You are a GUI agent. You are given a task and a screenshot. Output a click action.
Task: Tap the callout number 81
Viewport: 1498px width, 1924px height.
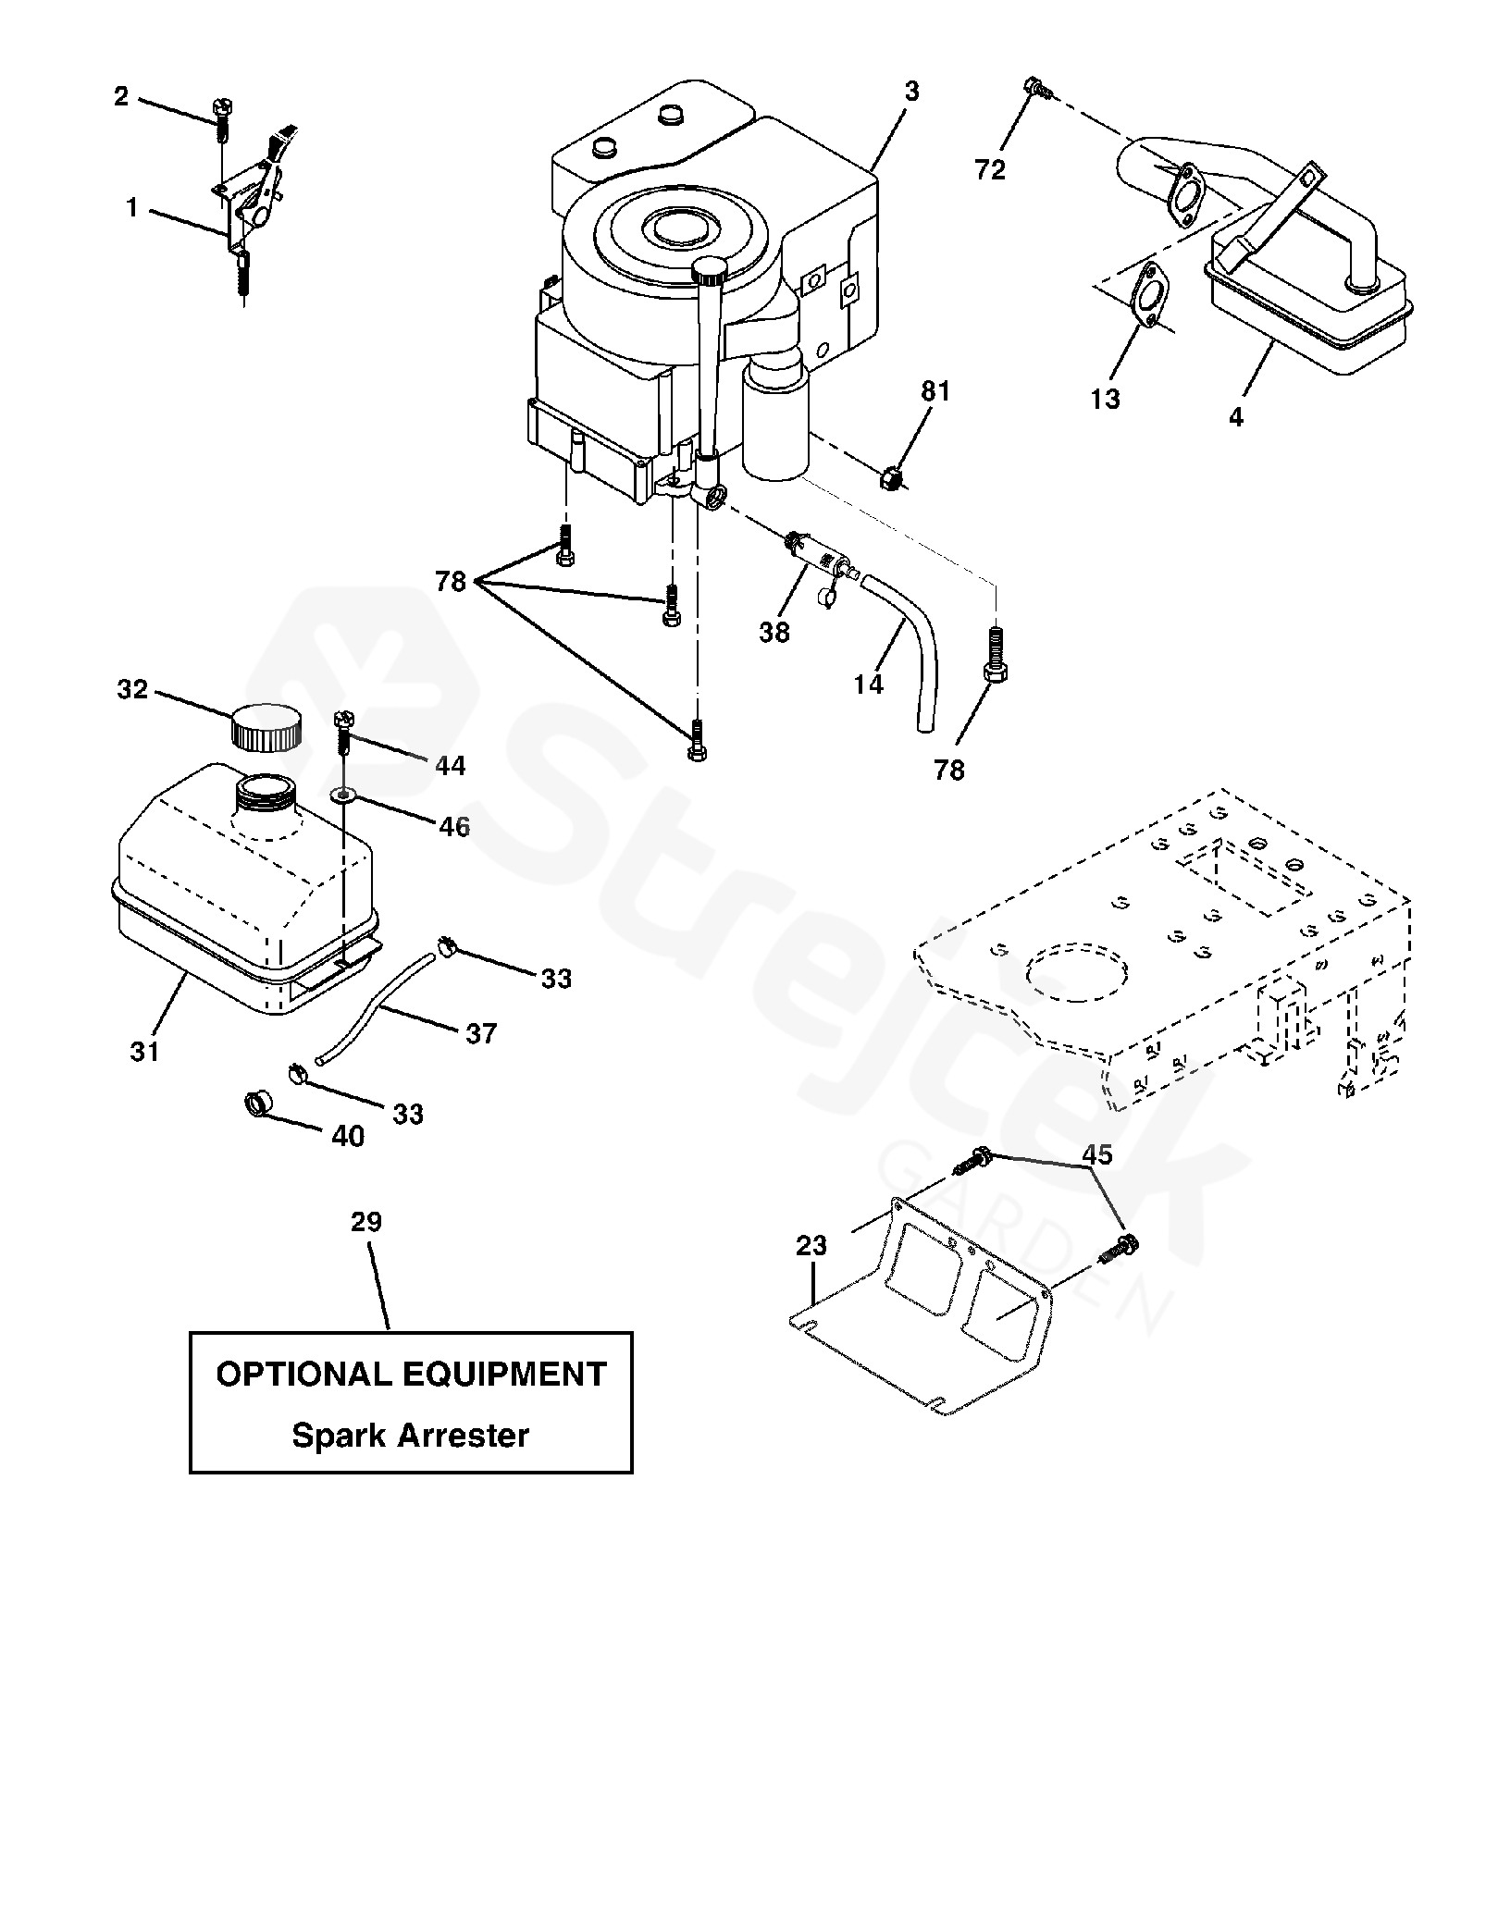coord(935,392)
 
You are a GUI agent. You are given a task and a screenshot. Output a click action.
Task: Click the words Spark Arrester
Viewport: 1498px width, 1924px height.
coord(410,1436)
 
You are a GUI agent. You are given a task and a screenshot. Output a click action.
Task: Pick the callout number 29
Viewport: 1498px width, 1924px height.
coord(366,1223)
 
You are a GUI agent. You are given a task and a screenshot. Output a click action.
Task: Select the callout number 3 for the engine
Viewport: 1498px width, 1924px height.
coord(912,92)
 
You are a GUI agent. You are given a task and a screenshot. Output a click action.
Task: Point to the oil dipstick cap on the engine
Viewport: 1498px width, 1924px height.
coord(712,270)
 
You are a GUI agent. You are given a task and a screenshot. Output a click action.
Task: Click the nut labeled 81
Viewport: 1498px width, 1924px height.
coord(891,480)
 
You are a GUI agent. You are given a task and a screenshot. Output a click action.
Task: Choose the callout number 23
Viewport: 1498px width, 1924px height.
coord(811,1246)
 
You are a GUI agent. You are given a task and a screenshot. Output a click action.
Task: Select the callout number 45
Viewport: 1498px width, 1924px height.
coord(1097,1155)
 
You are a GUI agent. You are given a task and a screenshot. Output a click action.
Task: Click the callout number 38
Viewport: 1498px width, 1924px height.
coord(774,633)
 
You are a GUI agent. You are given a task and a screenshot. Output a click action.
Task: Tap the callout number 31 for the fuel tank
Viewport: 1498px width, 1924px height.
coord(144,1052)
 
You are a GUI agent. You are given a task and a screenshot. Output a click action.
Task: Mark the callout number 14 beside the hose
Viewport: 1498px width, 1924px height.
coord(869,684)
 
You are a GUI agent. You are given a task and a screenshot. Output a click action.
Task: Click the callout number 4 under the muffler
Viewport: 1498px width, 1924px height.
coord(1236,417)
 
